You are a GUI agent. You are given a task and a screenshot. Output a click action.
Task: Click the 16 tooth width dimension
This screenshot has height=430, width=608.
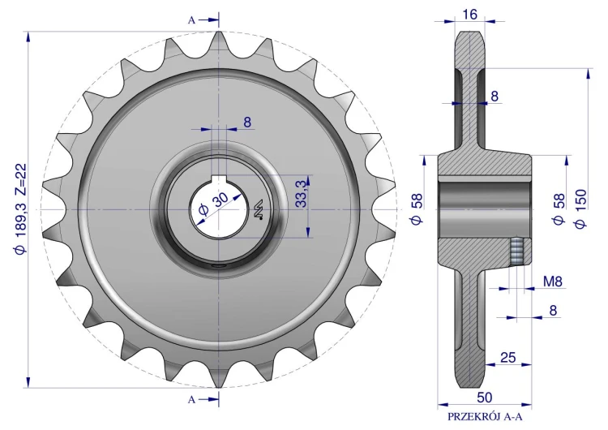point(469,15)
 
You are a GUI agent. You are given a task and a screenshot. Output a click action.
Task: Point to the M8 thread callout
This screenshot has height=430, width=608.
point(553,282)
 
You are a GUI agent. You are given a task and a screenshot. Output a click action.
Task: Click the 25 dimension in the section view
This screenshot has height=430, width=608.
point(507,357)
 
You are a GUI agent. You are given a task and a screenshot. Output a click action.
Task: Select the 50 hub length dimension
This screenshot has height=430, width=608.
point(484,397)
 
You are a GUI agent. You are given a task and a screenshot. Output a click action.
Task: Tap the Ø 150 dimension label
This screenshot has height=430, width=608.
point(581,209)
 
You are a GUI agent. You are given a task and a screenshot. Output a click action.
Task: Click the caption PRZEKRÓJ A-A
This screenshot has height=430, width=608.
point(485,417)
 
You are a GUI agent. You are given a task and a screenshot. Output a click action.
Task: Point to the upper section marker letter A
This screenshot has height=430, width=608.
point(191,20)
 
